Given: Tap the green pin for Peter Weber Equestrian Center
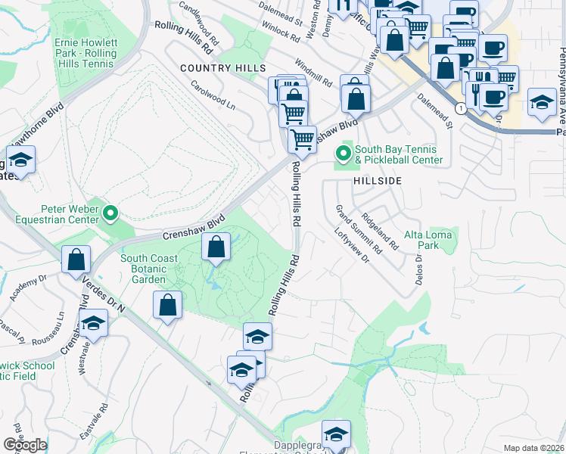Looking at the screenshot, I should point(111,213).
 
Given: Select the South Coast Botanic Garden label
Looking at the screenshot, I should point(149,269).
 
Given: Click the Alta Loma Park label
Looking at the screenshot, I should point(428,240).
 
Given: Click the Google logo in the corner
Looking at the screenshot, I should point(25,445).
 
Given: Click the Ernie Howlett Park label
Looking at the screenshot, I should point(85,50).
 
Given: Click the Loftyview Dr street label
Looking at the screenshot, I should point(350,247).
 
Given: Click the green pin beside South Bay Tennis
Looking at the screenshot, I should point(344,154).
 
